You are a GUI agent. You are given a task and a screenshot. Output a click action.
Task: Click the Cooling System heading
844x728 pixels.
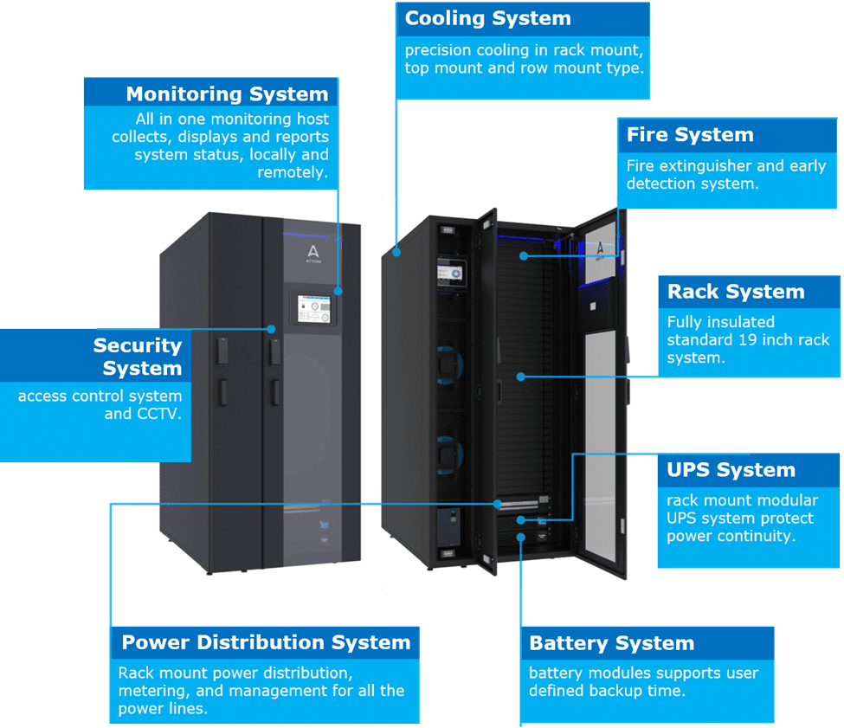pos(487,18)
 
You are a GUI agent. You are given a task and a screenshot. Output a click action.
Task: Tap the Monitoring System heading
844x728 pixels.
pos(227,94)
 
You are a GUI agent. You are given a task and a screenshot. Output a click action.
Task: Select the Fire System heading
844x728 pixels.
pos(690,135)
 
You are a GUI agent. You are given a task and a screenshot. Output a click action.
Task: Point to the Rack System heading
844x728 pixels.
pos(736,292)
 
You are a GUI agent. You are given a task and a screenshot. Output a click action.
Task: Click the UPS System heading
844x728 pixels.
pos(731,470)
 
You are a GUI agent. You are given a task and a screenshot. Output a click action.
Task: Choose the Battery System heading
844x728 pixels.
pos(611,643)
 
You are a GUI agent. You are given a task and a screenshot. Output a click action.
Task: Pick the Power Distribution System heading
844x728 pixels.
pos(266,642)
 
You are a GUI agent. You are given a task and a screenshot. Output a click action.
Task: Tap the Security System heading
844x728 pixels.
pos(139,357)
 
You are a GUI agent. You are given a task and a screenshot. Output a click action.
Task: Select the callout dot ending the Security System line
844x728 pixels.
pos(272,329)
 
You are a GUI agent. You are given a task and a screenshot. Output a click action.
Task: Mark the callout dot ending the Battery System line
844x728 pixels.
pos(521,538)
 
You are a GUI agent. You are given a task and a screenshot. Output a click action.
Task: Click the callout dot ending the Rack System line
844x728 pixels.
pos(521,376)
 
